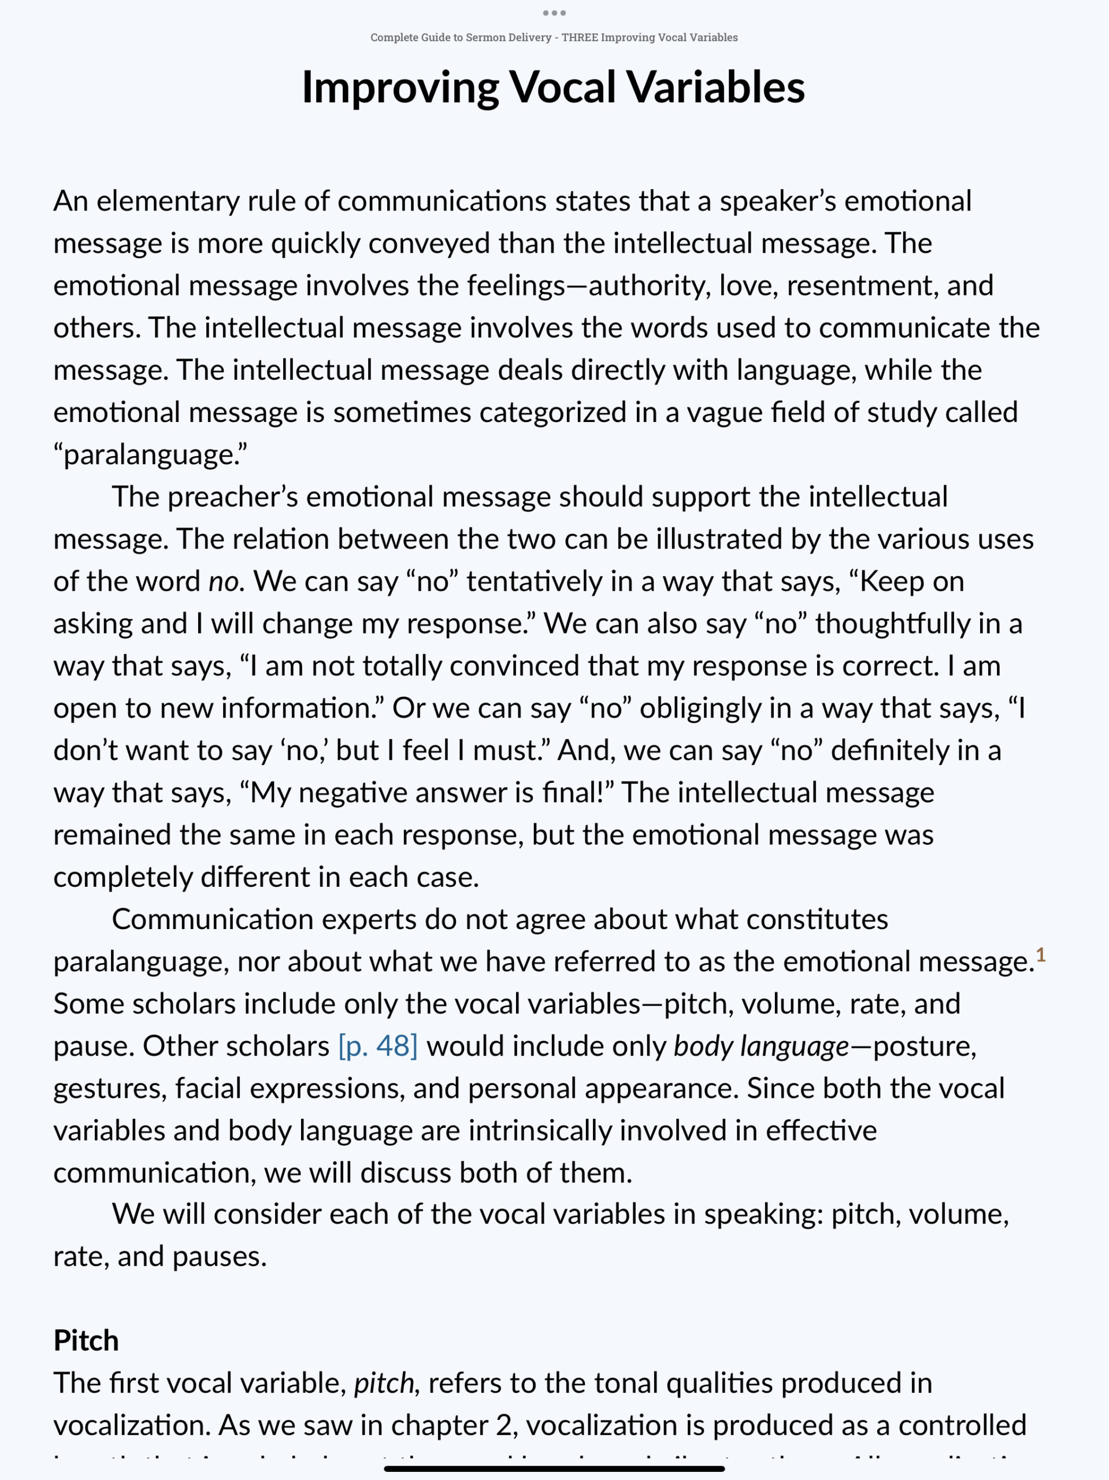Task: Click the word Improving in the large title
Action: click(399, 88)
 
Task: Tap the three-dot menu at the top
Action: click(554, 13)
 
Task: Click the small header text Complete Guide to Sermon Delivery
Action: click(460, 38)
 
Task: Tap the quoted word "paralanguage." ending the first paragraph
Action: click(150, 455)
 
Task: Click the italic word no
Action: click(222, 582)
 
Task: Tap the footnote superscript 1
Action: click(1040, 955)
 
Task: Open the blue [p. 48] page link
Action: click(378, 1046)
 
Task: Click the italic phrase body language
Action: click(761, 1046)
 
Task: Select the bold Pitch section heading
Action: click(86, 1340)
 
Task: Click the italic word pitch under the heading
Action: click(384, 1383)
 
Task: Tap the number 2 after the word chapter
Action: click(504, 1425)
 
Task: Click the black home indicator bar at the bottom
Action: click(554, 1468)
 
